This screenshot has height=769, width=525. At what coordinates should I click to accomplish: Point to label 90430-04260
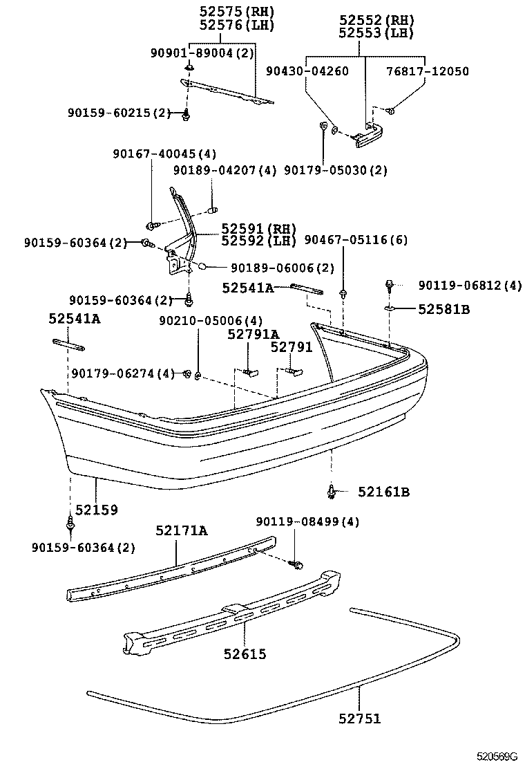click(x=307, y=71)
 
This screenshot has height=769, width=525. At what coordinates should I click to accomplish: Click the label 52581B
click(x=443, y=309)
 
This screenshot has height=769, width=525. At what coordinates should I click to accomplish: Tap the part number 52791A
click(x=254, y=335)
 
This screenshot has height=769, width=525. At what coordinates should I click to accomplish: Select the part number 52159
click(x=97, y=510)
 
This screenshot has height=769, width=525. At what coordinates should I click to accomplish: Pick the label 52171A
click(x=181, y=530)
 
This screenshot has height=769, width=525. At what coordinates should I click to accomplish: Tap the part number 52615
click(x=245, y=653)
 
